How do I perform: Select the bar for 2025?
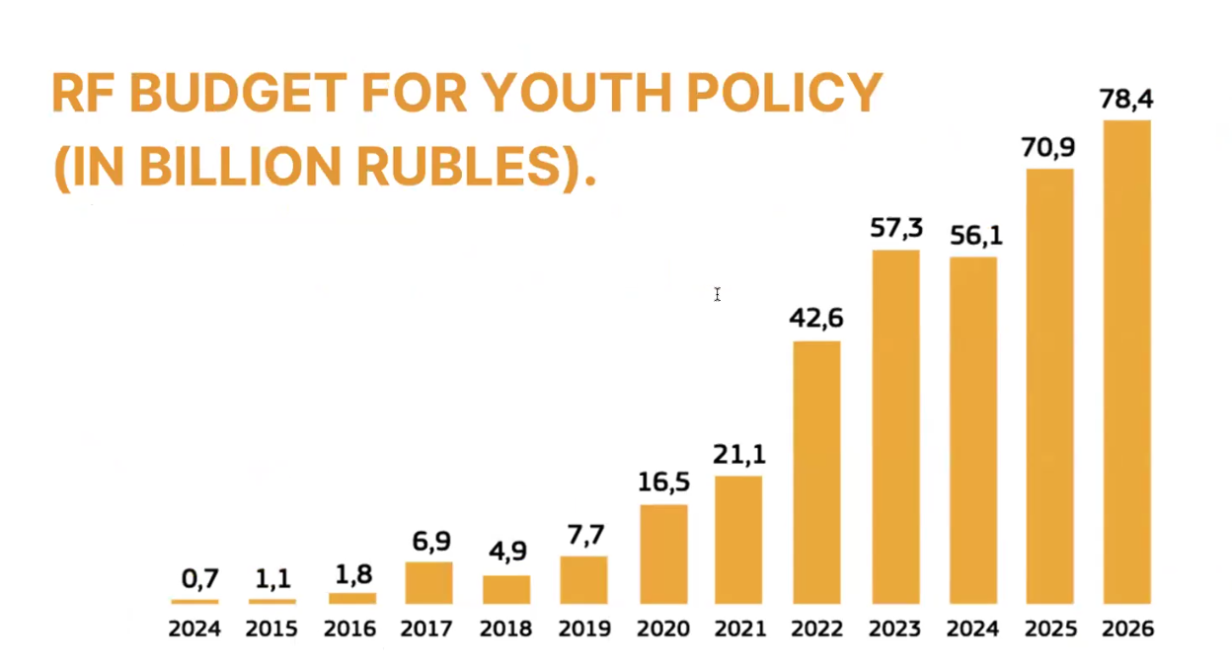[x=1049, y=386]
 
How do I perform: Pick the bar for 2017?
[x=428, y=582]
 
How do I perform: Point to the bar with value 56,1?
[x=972, y=429]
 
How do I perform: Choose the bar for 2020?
[x=663, y=554]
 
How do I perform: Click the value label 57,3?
[x=896, y=229]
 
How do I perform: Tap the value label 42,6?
[x=816, y=319]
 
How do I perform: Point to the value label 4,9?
[x=507, y=553]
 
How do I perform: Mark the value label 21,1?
[x=739, y=455]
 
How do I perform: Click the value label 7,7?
[x=583, y=535]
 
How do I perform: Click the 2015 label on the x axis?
[x=271, y=629]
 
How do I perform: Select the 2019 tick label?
[x=584, y=629]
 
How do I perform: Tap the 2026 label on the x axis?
[x=1127, y=629]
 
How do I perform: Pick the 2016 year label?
[x=349, y=629]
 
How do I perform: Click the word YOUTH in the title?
[x=556, y=94]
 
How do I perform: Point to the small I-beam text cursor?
[x=717, y=294]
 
